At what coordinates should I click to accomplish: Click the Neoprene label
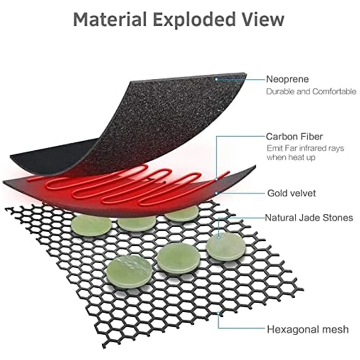[x=287, y=79]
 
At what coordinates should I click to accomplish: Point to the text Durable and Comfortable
[x=311, y=91]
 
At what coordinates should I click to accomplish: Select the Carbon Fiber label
[x=293, y=136]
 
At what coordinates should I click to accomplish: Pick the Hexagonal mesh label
[x=307, y=329]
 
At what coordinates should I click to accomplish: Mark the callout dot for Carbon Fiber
[x=217, y=179]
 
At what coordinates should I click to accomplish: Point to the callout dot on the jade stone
[x=219, y=236]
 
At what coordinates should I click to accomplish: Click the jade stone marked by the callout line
[x=225, y=246]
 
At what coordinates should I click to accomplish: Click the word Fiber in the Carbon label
[x=311, y=136]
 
